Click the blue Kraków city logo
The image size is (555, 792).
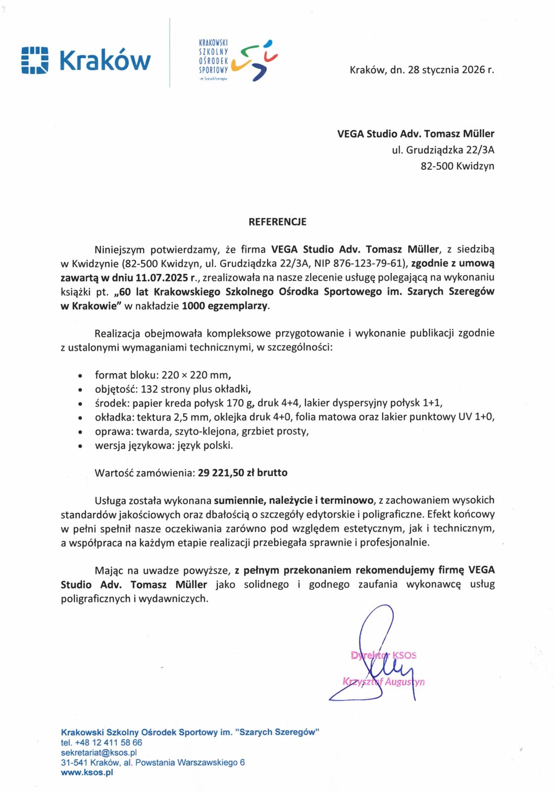coord(86,60)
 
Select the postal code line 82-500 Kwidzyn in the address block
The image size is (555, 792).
coord(457,166)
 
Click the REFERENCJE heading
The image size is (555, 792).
coord(277,222)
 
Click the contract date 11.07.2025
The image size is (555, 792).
coord(161,277)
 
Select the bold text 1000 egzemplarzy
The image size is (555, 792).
coord(225,305)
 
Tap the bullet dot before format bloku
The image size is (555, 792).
coord(80,376)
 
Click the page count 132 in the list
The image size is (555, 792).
coord(149,389)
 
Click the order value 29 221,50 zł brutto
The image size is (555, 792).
coord(242,473)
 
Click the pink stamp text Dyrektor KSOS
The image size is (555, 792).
coord(384,655)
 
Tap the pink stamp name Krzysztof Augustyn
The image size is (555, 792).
coord(384,682)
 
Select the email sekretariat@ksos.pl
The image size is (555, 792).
coord(99,752)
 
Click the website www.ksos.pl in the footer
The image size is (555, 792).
coord(87,772)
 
